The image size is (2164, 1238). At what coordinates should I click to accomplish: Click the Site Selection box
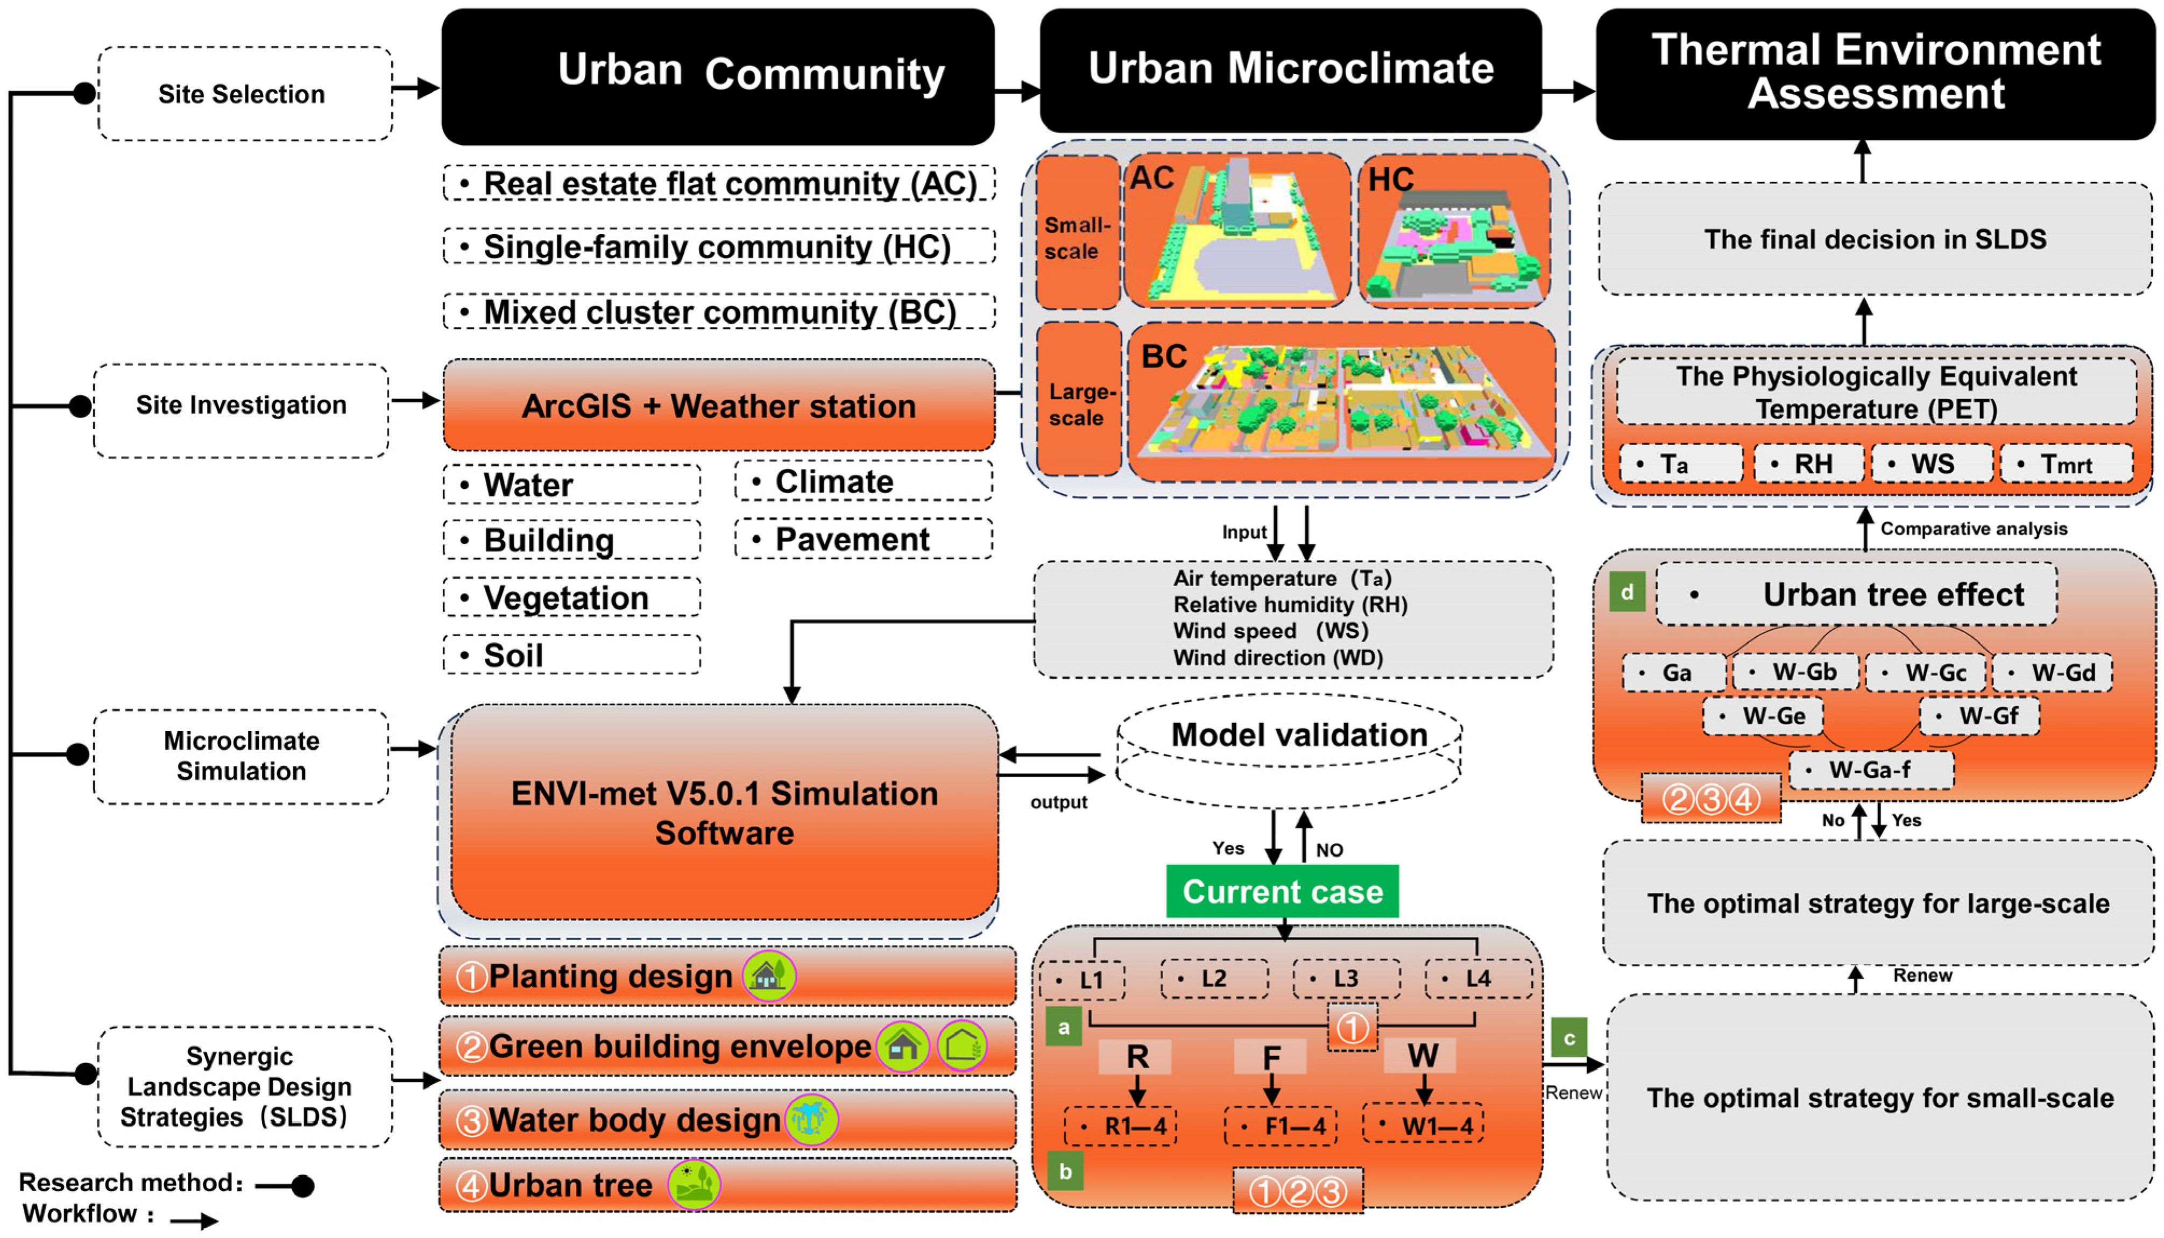pos(245,94)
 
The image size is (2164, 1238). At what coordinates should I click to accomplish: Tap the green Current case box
pos(1282,891)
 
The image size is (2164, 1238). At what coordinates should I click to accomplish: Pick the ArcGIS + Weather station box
pos(719,405)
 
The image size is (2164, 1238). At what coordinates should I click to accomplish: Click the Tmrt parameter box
pos(2066,464)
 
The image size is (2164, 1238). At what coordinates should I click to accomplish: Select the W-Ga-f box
pos(1871,770)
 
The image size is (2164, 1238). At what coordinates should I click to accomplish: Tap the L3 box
pos(1345,979)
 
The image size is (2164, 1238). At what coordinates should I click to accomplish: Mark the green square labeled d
pos(1626,592)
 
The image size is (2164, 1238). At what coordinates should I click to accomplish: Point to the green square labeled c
pos(1568,1037)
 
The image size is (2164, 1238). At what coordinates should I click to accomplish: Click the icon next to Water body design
pos(811,1119)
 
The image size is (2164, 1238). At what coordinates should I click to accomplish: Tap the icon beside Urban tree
pos(693,1184)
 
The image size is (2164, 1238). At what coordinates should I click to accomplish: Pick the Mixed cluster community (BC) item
pos(719,312)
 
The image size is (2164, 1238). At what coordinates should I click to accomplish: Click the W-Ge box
pos(1763,716)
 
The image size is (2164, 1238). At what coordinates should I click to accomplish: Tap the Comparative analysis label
pos(1974,529)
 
